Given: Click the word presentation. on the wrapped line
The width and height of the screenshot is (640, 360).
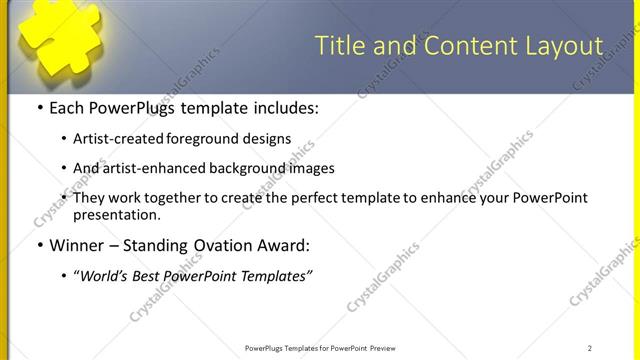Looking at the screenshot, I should click(x=117, y=214).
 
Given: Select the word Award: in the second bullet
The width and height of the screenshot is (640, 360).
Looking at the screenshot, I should click(x=283, y=245).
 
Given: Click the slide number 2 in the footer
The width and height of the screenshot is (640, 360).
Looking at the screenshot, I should click(x=590, y=348).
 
